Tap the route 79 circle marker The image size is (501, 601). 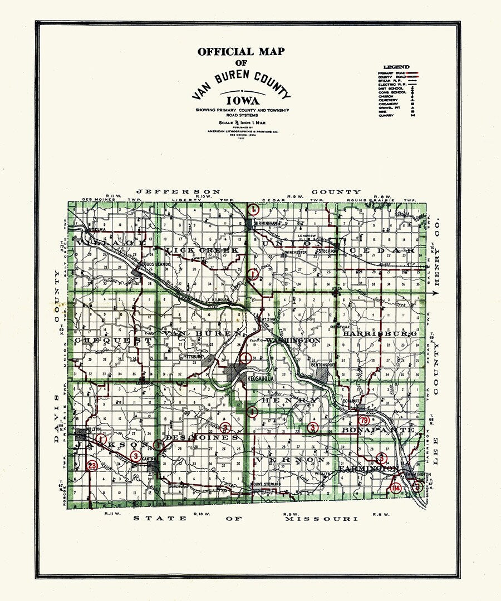pyautogui.click(x=365, y=420)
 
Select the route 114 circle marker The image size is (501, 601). pyautogui.click(x=396, y=487)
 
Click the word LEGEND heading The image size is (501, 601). pyautogui.click(x=396, y=67)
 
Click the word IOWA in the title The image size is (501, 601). pyautogui.click(x=241, y=101)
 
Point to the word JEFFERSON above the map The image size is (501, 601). pyautogui.click(x=178, y=191)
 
